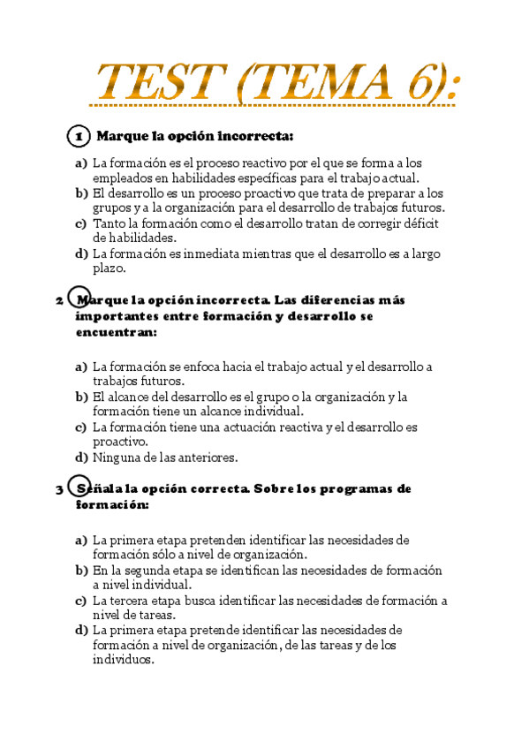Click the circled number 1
[79, 137]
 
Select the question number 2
[59, 300]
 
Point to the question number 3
[59, 489]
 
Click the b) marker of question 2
[81, 397]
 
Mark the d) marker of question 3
[81, 631]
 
